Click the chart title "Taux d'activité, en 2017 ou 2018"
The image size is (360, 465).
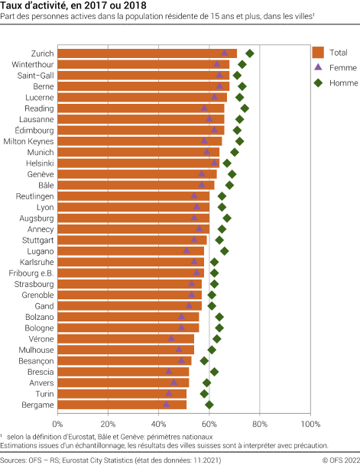pos(63,7)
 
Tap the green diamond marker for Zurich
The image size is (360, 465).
pos(249,53)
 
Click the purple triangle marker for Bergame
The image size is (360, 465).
pos(166,404)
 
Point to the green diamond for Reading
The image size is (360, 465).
pos(245,108)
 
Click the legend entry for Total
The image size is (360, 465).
pos(319,53)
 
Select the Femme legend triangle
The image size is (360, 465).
pos(319,67)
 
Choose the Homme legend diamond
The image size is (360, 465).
pos(319,82)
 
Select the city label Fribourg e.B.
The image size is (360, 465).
pos(31,273)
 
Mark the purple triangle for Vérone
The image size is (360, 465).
pos(171,338)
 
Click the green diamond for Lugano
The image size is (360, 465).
pos(225,250)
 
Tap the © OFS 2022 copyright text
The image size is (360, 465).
pos(336,460)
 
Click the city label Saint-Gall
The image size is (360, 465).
pos(35,76)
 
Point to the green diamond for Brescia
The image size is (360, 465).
pos(215,371)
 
